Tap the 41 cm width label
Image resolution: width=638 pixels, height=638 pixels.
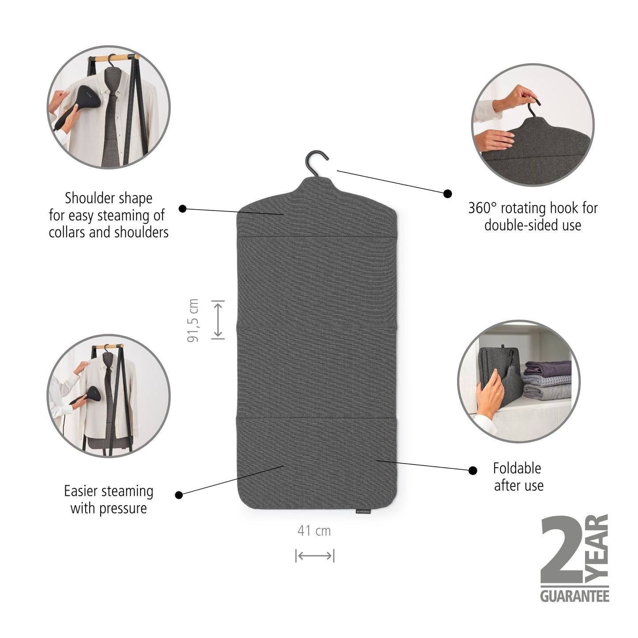click(x=314, y=530)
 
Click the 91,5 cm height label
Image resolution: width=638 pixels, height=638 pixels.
click(x=193, y=320)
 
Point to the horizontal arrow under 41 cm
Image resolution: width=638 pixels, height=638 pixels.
click(x=314, y=556)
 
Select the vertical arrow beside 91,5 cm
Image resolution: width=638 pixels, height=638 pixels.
click(x=218, y=320)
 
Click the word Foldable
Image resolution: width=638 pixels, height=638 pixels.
click(x=517, y=468)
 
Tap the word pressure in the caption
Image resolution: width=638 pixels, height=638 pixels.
click(x=123, y=508)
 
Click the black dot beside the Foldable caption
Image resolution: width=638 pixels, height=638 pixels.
click(x=473, y=471)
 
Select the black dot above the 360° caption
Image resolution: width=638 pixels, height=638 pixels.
click(x=448, y=193)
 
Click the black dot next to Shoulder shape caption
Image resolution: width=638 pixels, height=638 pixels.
click(x=182, y=208)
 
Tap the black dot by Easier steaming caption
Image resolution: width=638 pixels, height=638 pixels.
click(x=178, y=495)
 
